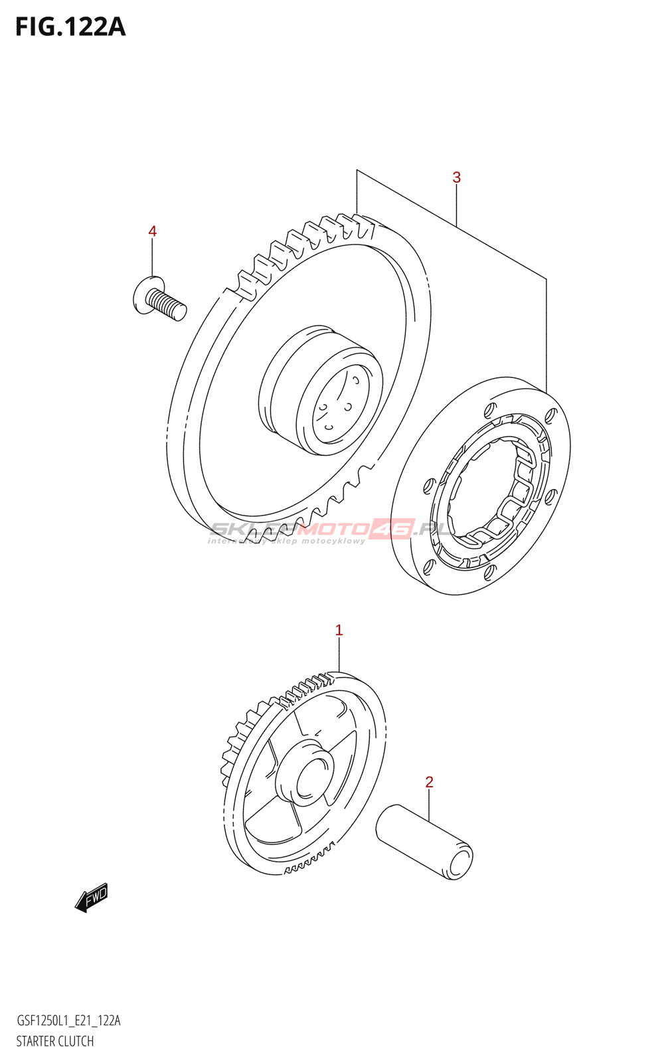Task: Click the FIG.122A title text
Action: point(70,27)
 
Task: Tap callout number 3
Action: point(456,177)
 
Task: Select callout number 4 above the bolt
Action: point(152,231)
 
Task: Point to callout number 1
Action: point(339,630)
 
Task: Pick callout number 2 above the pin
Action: point(429,782)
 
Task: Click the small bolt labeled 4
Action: point(159,300)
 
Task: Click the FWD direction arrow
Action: point(92,898)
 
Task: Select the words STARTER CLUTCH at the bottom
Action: point(54,1041)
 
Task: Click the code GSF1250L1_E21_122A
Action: point(68,1021)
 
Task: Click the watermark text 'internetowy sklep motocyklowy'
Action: point(287,541)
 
